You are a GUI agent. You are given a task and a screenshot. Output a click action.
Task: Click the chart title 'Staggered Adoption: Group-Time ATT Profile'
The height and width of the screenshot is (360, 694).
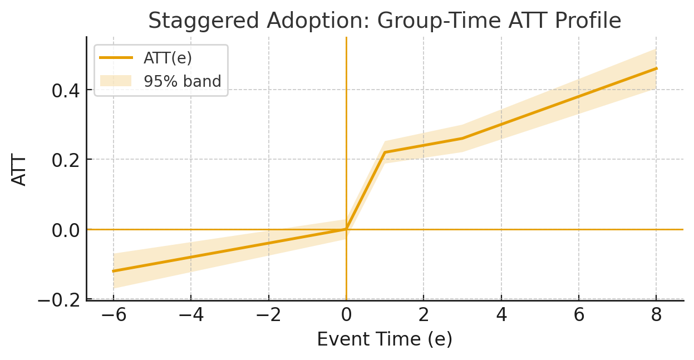tap(385, 21)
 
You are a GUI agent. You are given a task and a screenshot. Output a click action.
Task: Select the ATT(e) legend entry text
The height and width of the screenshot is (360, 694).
tap(168, 58)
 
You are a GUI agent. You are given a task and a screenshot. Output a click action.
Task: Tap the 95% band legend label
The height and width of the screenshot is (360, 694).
tap(183, 81)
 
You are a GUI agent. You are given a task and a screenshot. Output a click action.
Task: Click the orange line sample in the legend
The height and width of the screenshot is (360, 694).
tap(116, 58)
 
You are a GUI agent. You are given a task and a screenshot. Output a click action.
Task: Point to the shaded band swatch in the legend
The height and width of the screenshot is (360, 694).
tap(116, 81)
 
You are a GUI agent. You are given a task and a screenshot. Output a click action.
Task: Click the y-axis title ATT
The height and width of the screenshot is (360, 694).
tap(19, 170)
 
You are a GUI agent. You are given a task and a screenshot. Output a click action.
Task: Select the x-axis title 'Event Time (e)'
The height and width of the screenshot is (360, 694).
tap(385, 339)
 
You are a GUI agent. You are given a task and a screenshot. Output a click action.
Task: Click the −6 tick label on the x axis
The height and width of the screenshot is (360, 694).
tap(114, 315)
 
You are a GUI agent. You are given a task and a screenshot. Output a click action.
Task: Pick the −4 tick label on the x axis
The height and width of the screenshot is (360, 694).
tap(191, 315)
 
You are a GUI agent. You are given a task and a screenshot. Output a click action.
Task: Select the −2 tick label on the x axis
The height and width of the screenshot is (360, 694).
tap(268, 315)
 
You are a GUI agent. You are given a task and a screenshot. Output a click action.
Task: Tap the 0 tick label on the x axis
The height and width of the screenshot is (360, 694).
tap(346, 315)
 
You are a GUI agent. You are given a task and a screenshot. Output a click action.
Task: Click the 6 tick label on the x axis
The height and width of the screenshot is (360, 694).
tap(579, 315)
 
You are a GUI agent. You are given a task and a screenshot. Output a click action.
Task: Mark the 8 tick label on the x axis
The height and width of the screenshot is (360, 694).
tap(656, 315)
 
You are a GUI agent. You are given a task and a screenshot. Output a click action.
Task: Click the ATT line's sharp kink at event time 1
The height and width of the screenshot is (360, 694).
tap(385, 152)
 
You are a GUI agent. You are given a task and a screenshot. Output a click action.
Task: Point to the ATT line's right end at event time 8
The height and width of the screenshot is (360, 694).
tap(656, 68)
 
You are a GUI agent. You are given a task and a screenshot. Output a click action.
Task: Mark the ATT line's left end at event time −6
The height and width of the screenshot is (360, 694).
tap(114, 271)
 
